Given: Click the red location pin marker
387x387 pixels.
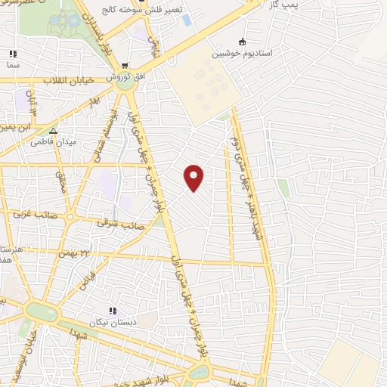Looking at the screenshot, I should (x=194, y=177).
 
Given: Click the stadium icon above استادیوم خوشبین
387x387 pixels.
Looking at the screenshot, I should (x=242, y=42).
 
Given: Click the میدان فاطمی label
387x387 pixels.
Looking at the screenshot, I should (x=53, y=141).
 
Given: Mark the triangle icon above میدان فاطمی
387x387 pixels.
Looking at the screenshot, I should (x=53, y=129).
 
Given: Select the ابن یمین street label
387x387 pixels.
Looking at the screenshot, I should (x=15, y=127).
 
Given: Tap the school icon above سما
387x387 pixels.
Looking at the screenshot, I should (x=12, y=54).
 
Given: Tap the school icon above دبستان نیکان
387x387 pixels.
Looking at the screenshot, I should (x=113, y=310).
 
